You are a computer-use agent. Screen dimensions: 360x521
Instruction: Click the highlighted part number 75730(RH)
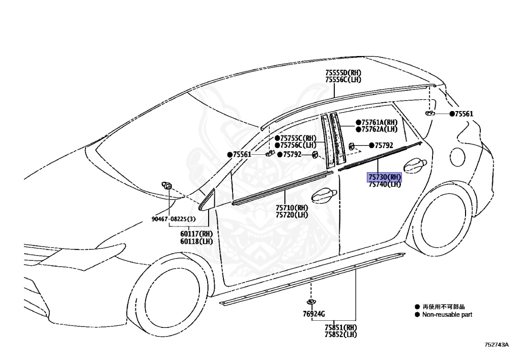point(385,177)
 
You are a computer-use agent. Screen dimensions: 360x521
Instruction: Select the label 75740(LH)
point(385,184)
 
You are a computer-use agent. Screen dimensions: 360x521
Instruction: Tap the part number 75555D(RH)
point(343,73)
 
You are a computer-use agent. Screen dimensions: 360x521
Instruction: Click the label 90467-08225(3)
point(173,219)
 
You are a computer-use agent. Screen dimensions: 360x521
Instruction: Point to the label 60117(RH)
point(196,234)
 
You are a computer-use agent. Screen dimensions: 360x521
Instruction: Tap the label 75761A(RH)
point(379,122)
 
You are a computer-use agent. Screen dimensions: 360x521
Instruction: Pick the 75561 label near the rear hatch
point(464,114)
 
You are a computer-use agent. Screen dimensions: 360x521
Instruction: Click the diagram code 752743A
point(496,345)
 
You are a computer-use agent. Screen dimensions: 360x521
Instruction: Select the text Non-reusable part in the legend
point(446,315)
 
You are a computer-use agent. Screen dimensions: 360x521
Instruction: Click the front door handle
point(323,196)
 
